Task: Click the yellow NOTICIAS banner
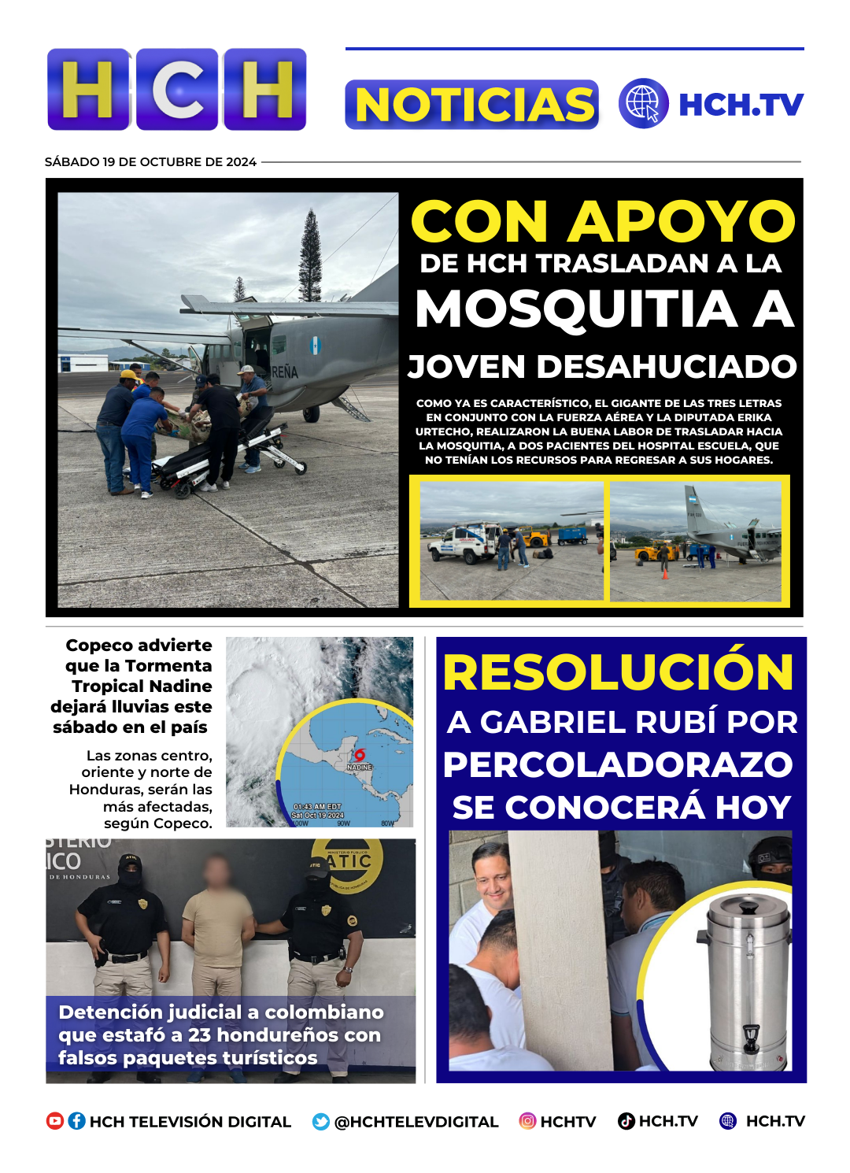(x=472, y=105)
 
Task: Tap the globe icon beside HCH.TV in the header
(x=643, y=104)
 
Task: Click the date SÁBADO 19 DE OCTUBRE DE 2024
(x=150, y=162)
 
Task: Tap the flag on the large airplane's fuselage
(x=316, y=345)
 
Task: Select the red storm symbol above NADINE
(x=360, y=754)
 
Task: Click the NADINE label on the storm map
(x=360, y=767)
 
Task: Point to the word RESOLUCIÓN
(x=619, y=673)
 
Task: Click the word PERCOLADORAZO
(x=618, y=765)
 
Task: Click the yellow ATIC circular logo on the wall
(x=349, y=864)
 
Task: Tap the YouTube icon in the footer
(x=55, y=1121)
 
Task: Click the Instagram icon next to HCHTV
(x=527, y=1121)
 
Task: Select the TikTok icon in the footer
(x=626, y=1121)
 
